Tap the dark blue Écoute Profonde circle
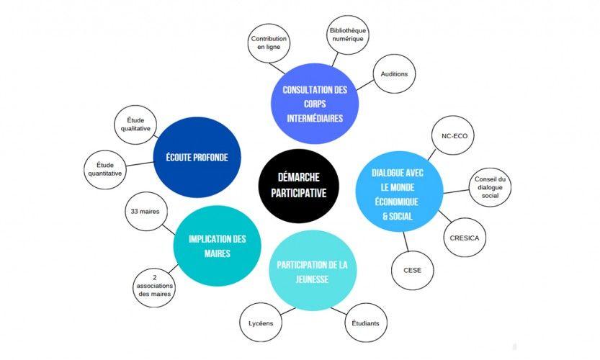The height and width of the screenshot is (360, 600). [196, 157]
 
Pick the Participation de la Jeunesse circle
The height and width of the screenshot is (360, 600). [312, 271]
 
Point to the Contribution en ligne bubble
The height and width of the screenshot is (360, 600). [269, 42]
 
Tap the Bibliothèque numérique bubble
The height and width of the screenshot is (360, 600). [348, 35]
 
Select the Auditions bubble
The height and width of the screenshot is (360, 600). [393, 74]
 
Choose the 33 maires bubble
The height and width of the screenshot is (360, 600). [145, 212]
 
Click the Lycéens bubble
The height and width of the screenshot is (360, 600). [259, 323]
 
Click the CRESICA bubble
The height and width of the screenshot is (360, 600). [464, 238]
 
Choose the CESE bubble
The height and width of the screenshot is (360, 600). [412, 271]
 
